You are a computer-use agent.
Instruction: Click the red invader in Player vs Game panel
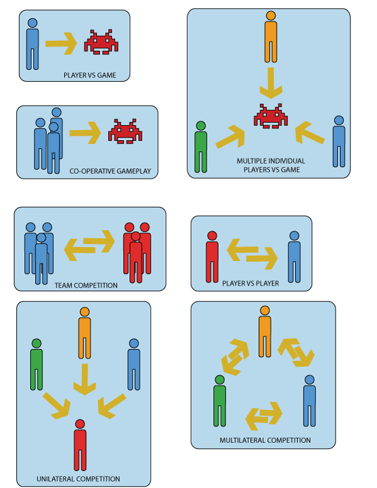102,42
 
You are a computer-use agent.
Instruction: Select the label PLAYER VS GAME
89,75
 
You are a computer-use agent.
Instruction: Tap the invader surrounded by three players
270,116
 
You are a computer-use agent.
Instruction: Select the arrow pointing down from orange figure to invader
271,82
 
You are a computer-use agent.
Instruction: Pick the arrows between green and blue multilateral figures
264,416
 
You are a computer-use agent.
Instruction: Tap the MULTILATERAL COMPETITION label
265,441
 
